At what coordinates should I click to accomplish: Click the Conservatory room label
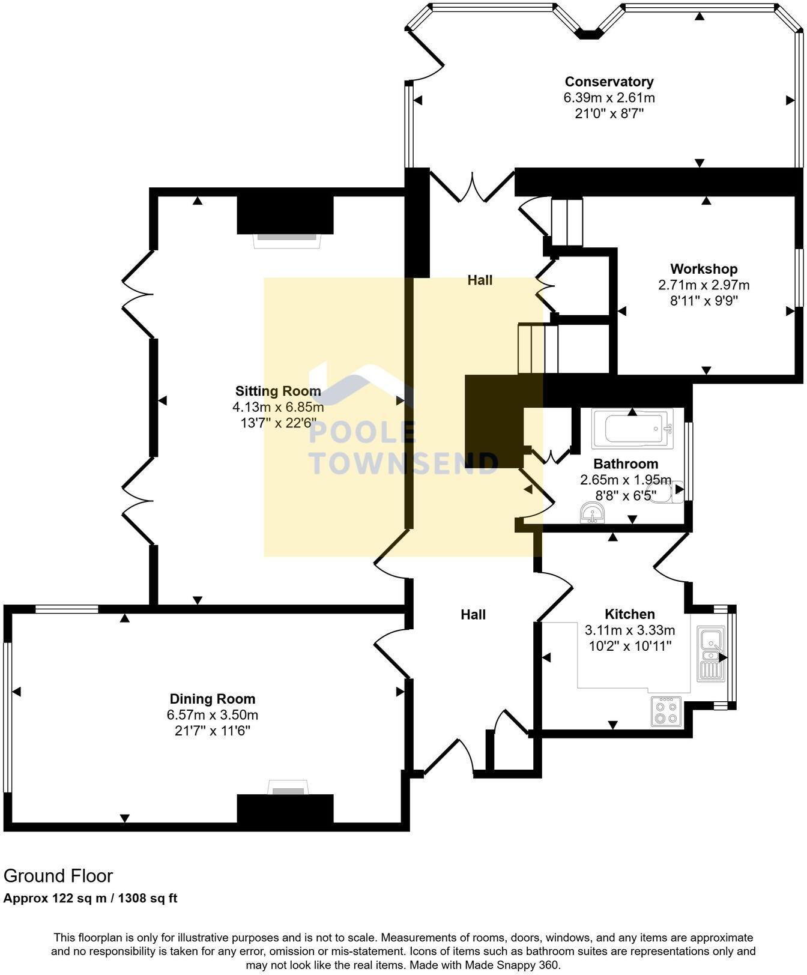609,82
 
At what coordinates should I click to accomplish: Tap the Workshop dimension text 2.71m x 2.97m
704,285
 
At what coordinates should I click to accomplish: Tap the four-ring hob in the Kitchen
666,712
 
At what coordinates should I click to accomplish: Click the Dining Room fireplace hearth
288,787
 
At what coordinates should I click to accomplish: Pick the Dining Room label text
213,699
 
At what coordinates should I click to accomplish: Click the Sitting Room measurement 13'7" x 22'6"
278,423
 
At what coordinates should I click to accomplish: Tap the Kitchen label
629,614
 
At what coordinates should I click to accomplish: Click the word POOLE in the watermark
362,433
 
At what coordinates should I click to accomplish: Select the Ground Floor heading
58,876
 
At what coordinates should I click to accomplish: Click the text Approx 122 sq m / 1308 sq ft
90,899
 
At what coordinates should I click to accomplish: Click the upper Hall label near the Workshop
480,280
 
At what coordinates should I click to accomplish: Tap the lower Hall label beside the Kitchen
473,615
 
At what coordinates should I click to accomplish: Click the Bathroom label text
626,464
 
